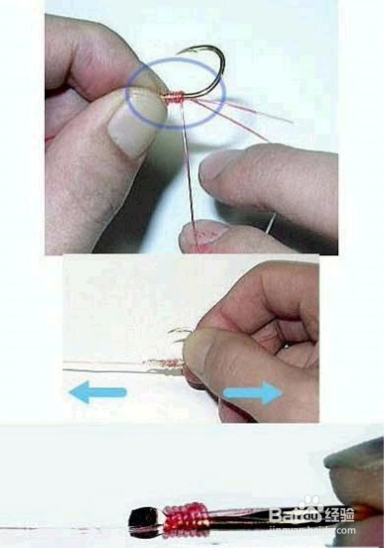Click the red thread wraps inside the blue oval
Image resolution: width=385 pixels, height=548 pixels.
[x=170, y=97]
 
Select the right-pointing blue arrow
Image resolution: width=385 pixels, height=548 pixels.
[x=251, y=395]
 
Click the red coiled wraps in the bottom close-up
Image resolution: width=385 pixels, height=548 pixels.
[x=179, y=517]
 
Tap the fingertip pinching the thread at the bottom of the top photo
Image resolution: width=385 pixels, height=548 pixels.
[x=204, y=236]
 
